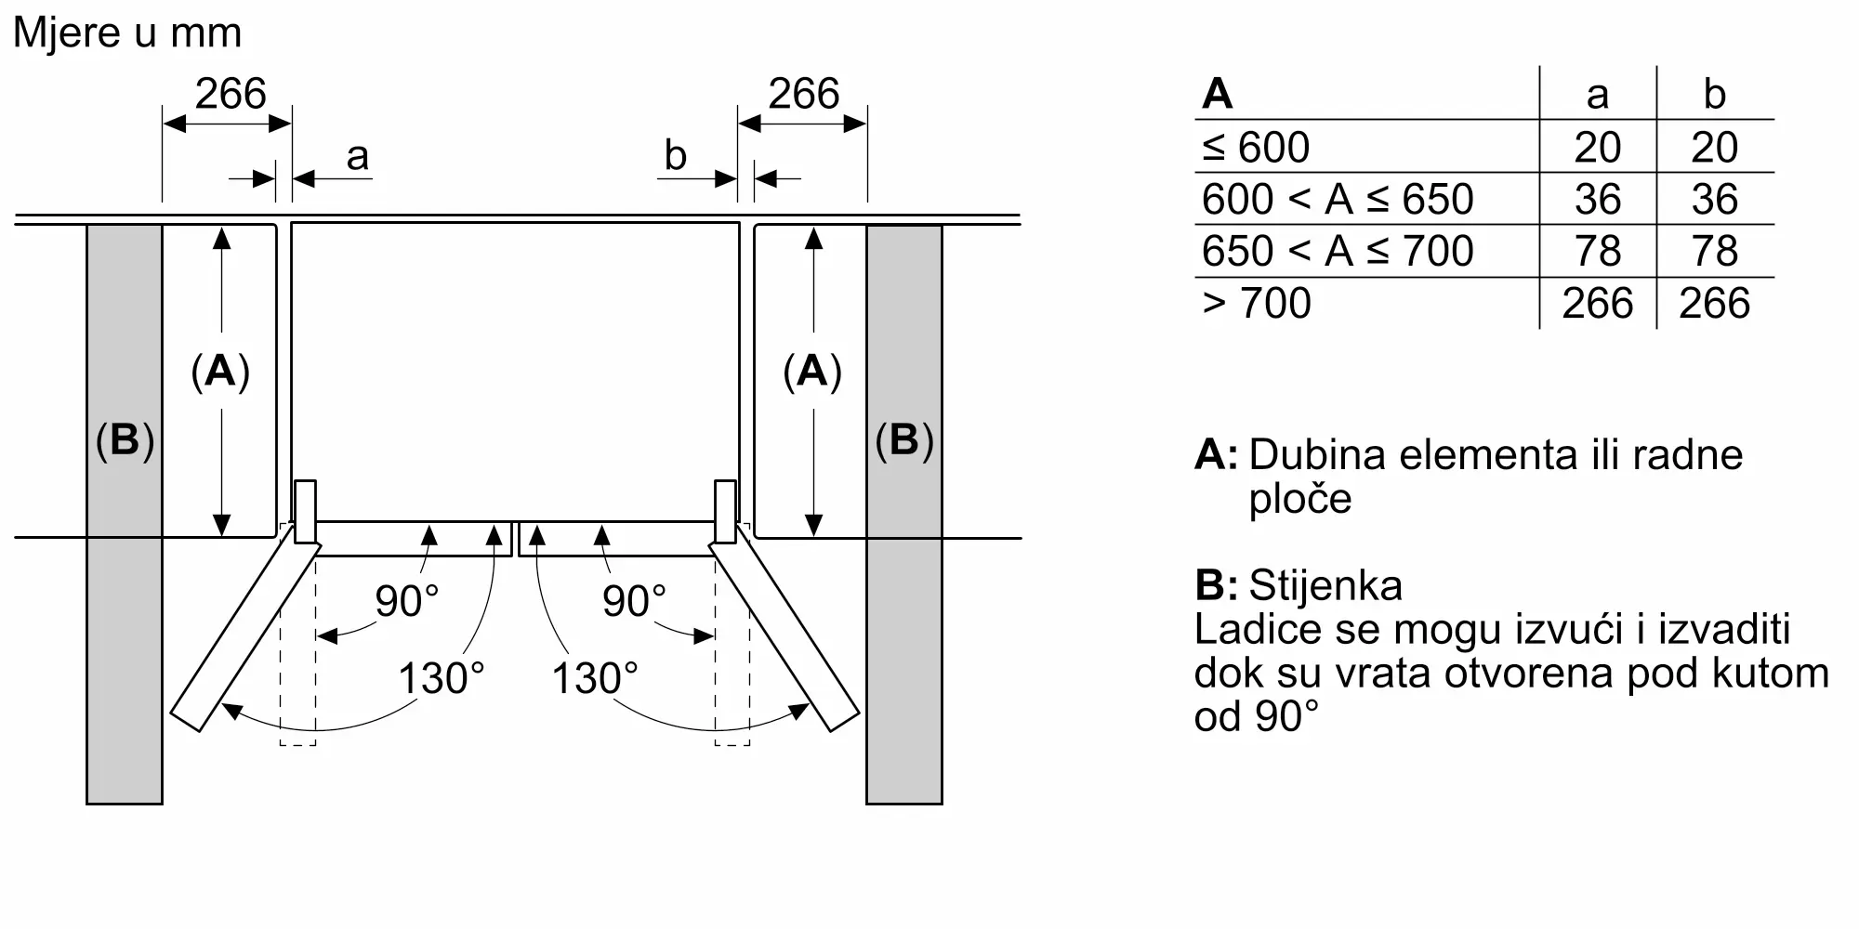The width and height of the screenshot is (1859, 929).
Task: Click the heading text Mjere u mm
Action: tap(127, 33)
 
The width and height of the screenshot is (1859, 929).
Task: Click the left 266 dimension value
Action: tap(231, 94)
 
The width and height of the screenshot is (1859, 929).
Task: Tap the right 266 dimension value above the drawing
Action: tap(804, 94)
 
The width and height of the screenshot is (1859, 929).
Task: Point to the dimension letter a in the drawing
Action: tap(358, 157)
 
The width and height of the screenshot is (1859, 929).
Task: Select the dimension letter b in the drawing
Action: tap(675, 155)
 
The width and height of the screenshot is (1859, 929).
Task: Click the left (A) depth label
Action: tap(220, 371)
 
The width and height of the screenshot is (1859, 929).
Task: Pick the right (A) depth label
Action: tap(812, 371)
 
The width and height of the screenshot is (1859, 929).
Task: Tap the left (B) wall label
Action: tap(125, 439)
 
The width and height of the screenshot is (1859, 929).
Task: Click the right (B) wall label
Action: tap(904, 439)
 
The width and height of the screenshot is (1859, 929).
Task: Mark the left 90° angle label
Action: tap(406, 601)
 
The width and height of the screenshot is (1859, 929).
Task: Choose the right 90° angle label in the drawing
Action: tap(634, 601)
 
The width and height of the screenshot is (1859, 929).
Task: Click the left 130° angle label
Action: tap(442, 678)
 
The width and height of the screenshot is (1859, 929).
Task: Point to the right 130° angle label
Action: tap(595, 678)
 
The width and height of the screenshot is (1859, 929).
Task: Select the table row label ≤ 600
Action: tap(1256, 147)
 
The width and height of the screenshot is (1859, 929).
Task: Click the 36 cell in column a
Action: tap(1598, 199)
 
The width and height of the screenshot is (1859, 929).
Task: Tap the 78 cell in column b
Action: tap(1715, 251)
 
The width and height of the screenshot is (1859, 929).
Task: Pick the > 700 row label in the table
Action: tap(1257, 303)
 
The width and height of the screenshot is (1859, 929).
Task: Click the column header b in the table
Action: tap(1715, 94)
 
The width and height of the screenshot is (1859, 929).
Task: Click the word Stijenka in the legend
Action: tap(1325, 585)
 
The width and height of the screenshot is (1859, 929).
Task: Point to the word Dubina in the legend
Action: tap(1321, 455)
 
